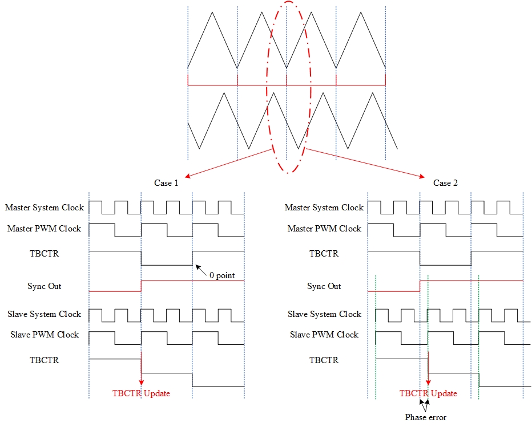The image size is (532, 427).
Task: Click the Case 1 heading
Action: coord(166,183)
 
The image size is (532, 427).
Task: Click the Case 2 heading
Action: coord(445,183)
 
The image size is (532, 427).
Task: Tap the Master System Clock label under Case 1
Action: coord(45,208)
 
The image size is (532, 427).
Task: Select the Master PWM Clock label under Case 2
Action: coord(324,229)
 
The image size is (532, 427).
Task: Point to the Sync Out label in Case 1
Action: coord(45,286)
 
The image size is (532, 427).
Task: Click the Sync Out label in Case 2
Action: coord(324,286)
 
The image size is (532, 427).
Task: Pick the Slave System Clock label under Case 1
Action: coord(45,314)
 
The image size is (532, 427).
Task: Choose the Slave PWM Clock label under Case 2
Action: coord(324,335)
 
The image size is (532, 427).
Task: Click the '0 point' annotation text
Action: coord(222,275)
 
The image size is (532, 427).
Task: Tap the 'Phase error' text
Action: coord(426,417)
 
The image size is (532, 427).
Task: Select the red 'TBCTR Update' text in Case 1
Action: coord(141,393)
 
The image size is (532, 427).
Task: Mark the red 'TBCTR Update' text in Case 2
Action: coord(428,393)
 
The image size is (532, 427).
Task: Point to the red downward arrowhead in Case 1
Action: coord(141,383)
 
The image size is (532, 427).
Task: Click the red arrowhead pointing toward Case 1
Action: coord(187,176)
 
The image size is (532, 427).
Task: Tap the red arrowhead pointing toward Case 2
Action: coord(422,176)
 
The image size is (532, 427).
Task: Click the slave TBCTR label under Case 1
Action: coord(45,360)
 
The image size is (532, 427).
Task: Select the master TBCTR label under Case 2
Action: coord(324,254)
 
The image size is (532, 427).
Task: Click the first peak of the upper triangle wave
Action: coord(212,12)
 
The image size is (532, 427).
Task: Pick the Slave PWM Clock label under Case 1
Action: coord(45,335)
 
